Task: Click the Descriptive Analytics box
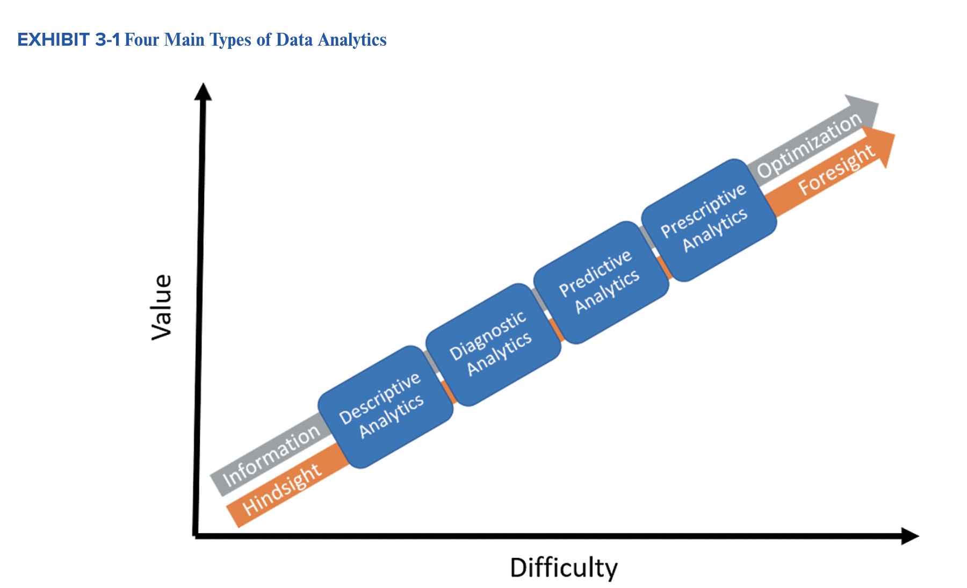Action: click(385, 407)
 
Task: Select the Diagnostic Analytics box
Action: click(493, 345)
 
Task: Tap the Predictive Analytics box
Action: click(601, 282)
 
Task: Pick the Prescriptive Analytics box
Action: click(709, 220)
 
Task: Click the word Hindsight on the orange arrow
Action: click(282, 489)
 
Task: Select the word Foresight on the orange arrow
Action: click(837, 170)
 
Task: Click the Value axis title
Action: click(162, 307)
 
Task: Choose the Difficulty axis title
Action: click(564, 568)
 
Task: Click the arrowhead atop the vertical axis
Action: click(203, 91)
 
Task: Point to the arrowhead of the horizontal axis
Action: click(910, 536)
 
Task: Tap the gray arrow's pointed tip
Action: click(879, 104)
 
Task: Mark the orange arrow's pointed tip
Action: click(895, 134)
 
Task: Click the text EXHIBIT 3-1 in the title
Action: click(69, 40)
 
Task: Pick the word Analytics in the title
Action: click(352, 40)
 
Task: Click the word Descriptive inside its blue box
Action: click(380, 398)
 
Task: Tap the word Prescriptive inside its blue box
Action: click(703, 211)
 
